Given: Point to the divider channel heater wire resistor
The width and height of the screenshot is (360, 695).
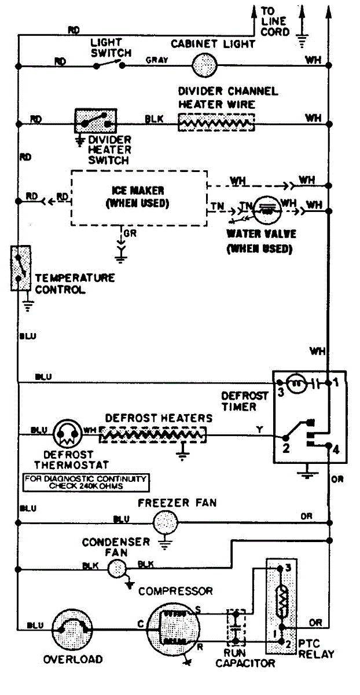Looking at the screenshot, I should click(x=216, y=122).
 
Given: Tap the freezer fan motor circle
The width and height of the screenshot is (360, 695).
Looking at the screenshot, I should click(x=164, y=523).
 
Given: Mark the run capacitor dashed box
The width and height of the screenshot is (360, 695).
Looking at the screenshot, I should click(x=236, y=627).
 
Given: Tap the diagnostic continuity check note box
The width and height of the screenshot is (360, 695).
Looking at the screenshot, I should click(x=85, y=482).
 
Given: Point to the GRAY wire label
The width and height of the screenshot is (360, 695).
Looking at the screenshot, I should click(x=157, y=60).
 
